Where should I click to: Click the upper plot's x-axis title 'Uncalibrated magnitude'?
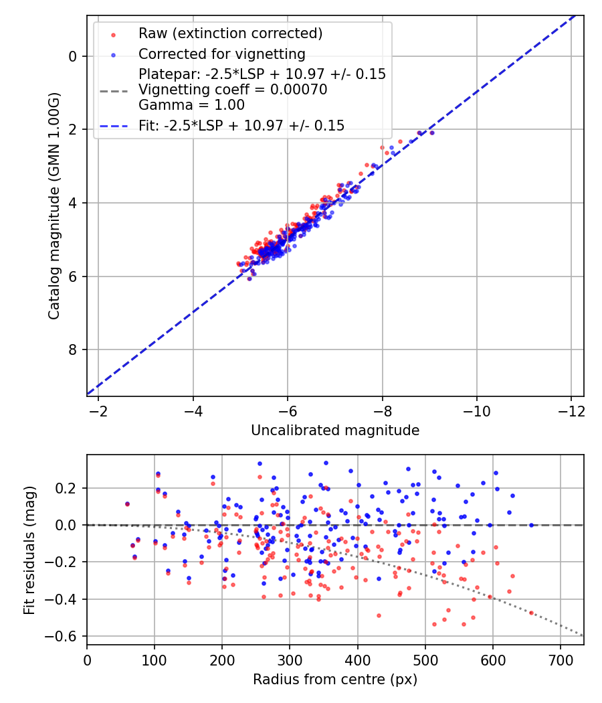click(335, 431)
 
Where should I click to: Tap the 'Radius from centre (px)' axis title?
click(335, 680)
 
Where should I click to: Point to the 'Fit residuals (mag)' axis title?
click(29, 550)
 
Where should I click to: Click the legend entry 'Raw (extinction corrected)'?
click(230, 33)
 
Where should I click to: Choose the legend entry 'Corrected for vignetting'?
click(221, 54)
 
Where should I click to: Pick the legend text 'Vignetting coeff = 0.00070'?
click(233, 90)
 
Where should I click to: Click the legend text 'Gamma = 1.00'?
click(191, 105)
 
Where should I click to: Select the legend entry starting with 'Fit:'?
click(241, 126)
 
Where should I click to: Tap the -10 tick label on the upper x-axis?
click(476, 410)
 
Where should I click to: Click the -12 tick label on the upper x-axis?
click(571, 410)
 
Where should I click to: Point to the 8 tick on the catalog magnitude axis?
click(72, 349)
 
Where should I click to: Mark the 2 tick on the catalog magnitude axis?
click(72, 129)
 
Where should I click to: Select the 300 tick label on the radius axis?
click(290, 659)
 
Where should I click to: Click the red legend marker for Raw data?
click(113, 33)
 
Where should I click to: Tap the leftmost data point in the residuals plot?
click(127, 503)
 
